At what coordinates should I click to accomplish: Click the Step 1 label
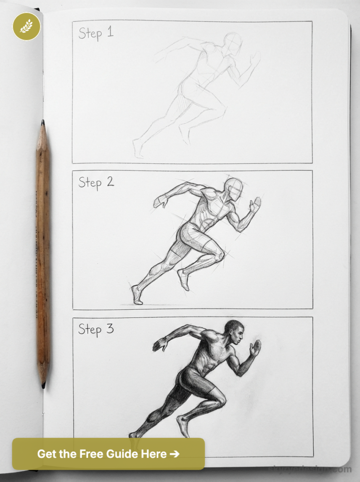click(96, 33)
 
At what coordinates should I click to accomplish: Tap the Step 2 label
click(96, 182)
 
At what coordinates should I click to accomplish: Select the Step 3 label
click(96, 329)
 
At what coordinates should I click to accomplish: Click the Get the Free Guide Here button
click(108, 454)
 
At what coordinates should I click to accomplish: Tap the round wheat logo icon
click(26, 26)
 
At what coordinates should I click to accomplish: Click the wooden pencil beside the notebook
click(43, 254)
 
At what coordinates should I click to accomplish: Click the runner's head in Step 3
click(234, 332)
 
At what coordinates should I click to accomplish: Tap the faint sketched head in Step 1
click(233, 43)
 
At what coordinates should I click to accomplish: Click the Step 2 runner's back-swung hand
click(160, 202)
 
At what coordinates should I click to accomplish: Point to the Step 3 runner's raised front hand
click(255, 347)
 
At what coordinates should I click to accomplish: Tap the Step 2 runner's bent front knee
click(219, 256)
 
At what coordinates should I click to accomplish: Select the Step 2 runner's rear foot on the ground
click(136, 295)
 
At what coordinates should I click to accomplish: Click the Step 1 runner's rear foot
click(137, 148)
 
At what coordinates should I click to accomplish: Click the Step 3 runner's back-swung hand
click(159, 345)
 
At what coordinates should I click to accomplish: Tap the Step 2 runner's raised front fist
click(255, 203)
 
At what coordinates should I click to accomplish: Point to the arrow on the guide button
click(174, 454)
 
